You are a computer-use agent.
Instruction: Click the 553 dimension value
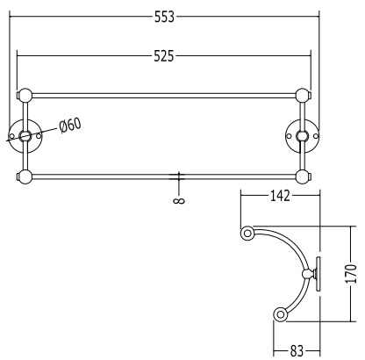tap(164, 17)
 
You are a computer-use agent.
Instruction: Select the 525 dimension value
tap(164, 55)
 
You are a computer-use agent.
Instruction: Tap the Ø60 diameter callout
tap(70, 125)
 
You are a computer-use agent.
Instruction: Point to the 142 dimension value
tap(280, 196)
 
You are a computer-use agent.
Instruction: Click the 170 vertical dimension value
tap(351, 274)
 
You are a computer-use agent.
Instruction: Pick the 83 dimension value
tap(297, 350)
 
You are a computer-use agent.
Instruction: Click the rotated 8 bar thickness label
tap(179, 201)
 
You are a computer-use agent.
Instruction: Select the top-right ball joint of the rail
tap(303, 96)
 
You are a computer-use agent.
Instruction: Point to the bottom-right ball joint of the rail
tap(303, 176)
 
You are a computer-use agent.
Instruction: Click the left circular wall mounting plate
tap(25, 136)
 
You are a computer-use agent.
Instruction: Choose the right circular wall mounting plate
tap(303, 136)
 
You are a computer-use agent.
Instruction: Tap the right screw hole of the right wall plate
tap(316, 136)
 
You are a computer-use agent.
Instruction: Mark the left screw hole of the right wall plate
tap(290, 136)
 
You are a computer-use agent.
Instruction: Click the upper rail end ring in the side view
tap(247, 234)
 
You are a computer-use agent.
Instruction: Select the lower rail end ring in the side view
tap(281, 315)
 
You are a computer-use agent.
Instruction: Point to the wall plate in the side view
tap(318, 274)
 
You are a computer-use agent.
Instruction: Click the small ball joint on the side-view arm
tap(307, 274)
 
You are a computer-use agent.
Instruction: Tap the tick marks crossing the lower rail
tap(177, 176)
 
